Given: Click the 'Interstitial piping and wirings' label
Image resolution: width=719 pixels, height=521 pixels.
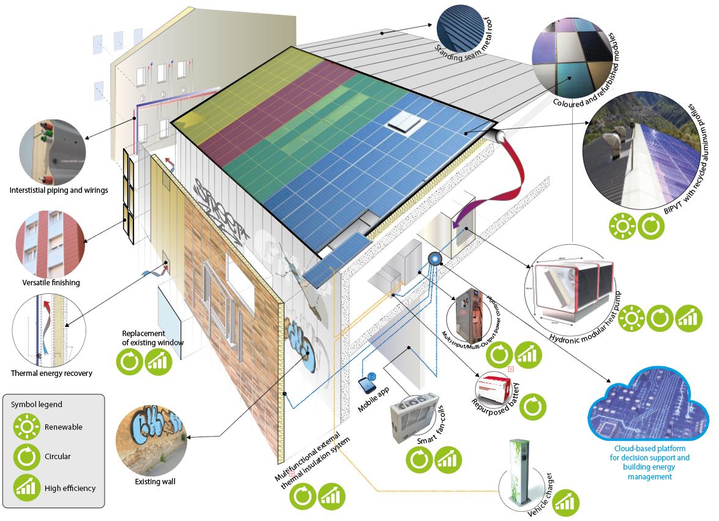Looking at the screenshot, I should tap(59, 190).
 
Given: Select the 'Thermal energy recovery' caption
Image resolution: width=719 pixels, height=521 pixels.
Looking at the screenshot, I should tap(51, 373).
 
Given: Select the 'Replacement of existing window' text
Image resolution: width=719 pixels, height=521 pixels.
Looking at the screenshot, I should tap(152, 338).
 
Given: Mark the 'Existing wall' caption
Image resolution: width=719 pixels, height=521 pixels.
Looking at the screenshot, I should tap(155, 482).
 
